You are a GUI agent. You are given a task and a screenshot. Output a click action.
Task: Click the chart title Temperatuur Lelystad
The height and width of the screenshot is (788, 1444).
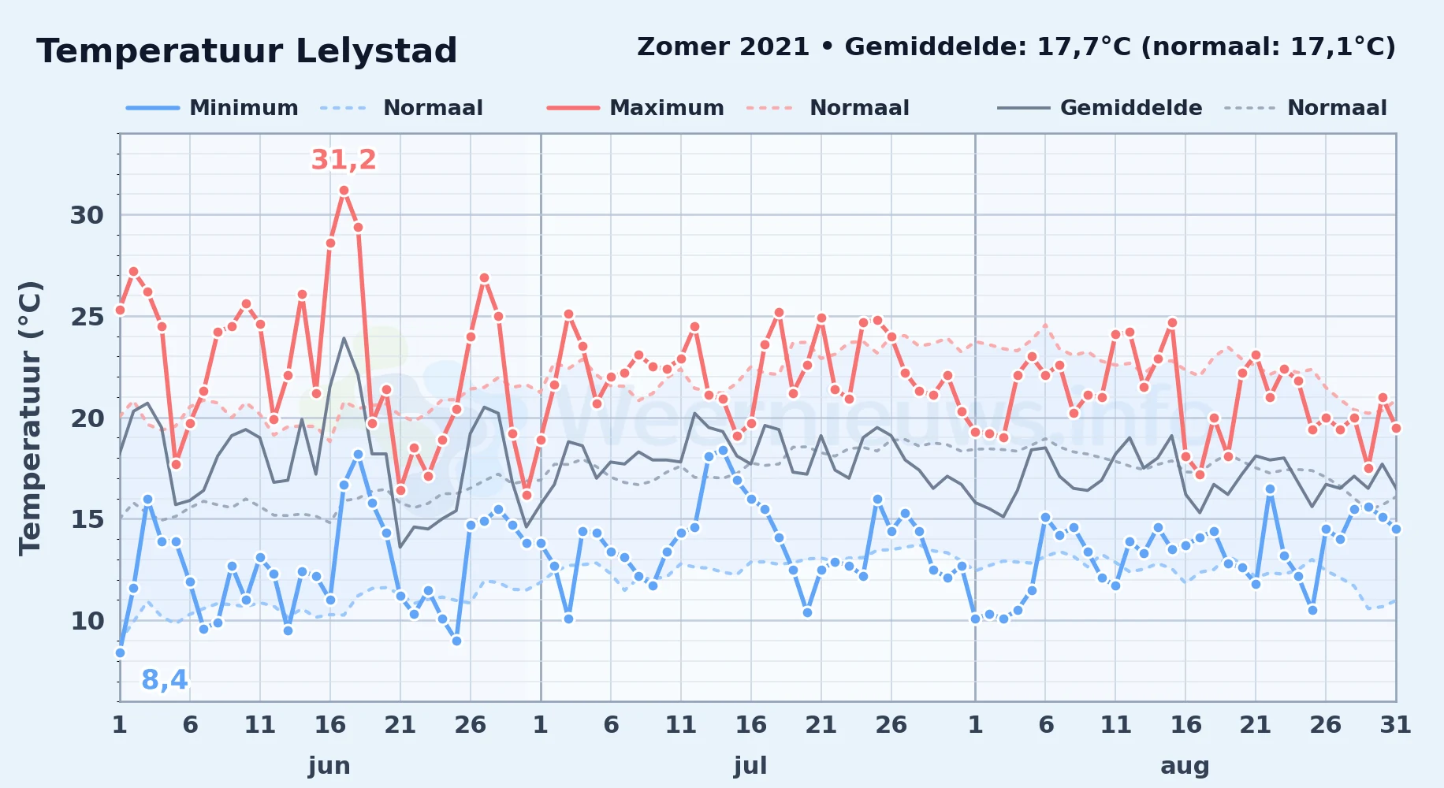pos(247,51)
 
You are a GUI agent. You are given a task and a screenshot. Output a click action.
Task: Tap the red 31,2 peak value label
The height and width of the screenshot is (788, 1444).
pos(344,160)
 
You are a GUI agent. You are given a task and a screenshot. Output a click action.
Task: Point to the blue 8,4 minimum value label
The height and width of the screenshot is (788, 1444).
pos(165,679)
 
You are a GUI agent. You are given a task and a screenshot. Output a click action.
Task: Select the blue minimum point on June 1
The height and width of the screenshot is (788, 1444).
pos(120,652)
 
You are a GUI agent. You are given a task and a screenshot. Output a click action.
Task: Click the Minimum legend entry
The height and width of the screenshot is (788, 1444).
pos(212,108)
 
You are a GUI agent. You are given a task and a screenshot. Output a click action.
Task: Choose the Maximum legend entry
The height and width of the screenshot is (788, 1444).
pos(635,108)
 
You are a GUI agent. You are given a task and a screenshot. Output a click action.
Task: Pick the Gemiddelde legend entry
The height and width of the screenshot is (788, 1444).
pos(1100,108)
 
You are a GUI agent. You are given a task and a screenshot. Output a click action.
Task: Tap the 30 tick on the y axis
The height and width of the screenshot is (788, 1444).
pos(87,215)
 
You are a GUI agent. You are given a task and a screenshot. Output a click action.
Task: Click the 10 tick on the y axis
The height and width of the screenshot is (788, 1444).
pos(87,621)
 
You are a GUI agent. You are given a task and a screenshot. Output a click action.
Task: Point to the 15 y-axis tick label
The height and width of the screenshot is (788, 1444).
pos(87,519)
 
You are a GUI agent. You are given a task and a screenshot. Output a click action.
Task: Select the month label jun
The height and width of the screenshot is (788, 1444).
pos(329,766)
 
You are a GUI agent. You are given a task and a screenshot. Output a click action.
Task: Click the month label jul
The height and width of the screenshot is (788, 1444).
pos(750,766)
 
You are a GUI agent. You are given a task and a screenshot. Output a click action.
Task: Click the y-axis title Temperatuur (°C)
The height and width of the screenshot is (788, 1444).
pos(30,418)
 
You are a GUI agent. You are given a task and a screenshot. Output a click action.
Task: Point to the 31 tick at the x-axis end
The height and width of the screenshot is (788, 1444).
pos(1395,725)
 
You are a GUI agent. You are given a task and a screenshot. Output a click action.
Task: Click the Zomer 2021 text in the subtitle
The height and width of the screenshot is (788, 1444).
pos(723,46)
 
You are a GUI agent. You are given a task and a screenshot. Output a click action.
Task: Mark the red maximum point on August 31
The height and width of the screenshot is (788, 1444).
pos(1396,428)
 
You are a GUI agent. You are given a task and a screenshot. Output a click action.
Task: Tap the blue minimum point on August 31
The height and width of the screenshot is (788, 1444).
pos(1396,530)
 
